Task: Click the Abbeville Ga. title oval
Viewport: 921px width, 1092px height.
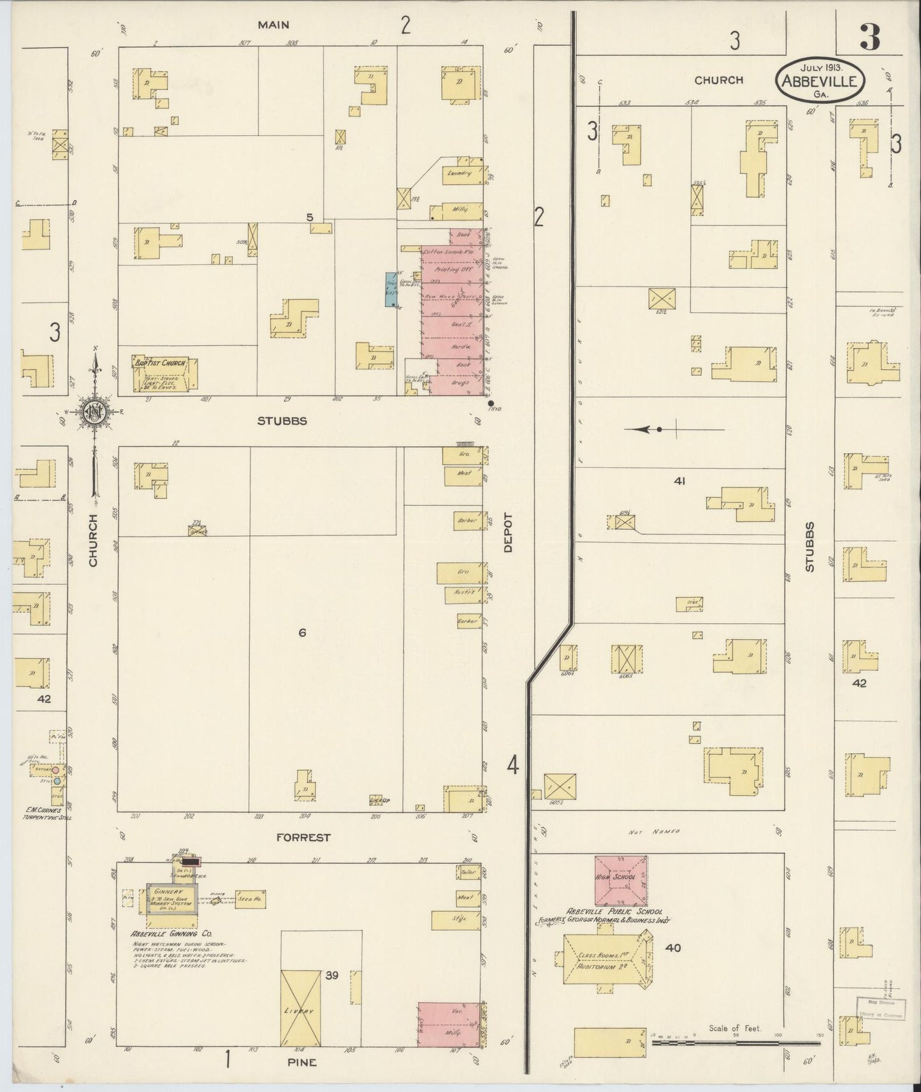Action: click(x=820, y=80)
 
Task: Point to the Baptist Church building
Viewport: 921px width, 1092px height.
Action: click(x=164, y=373)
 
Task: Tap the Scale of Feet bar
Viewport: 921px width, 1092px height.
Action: click(x=737, y=1044)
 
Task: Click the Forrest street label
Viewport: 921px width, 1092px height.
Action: click(x=303, y=837)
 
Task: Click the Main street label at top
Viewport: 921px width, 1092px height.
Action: click(x=273, y=25)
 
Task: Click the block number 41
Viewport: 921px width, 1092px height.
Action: click(x=679, y=482)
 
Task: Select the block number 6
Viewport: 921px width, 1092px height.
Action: click(x=303, y=633)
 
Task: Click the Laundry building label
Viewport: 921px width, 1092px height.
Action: click(x=458, y=173)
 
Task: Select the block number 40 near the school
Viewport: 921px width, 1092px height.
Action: click(x=672, y=948)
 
